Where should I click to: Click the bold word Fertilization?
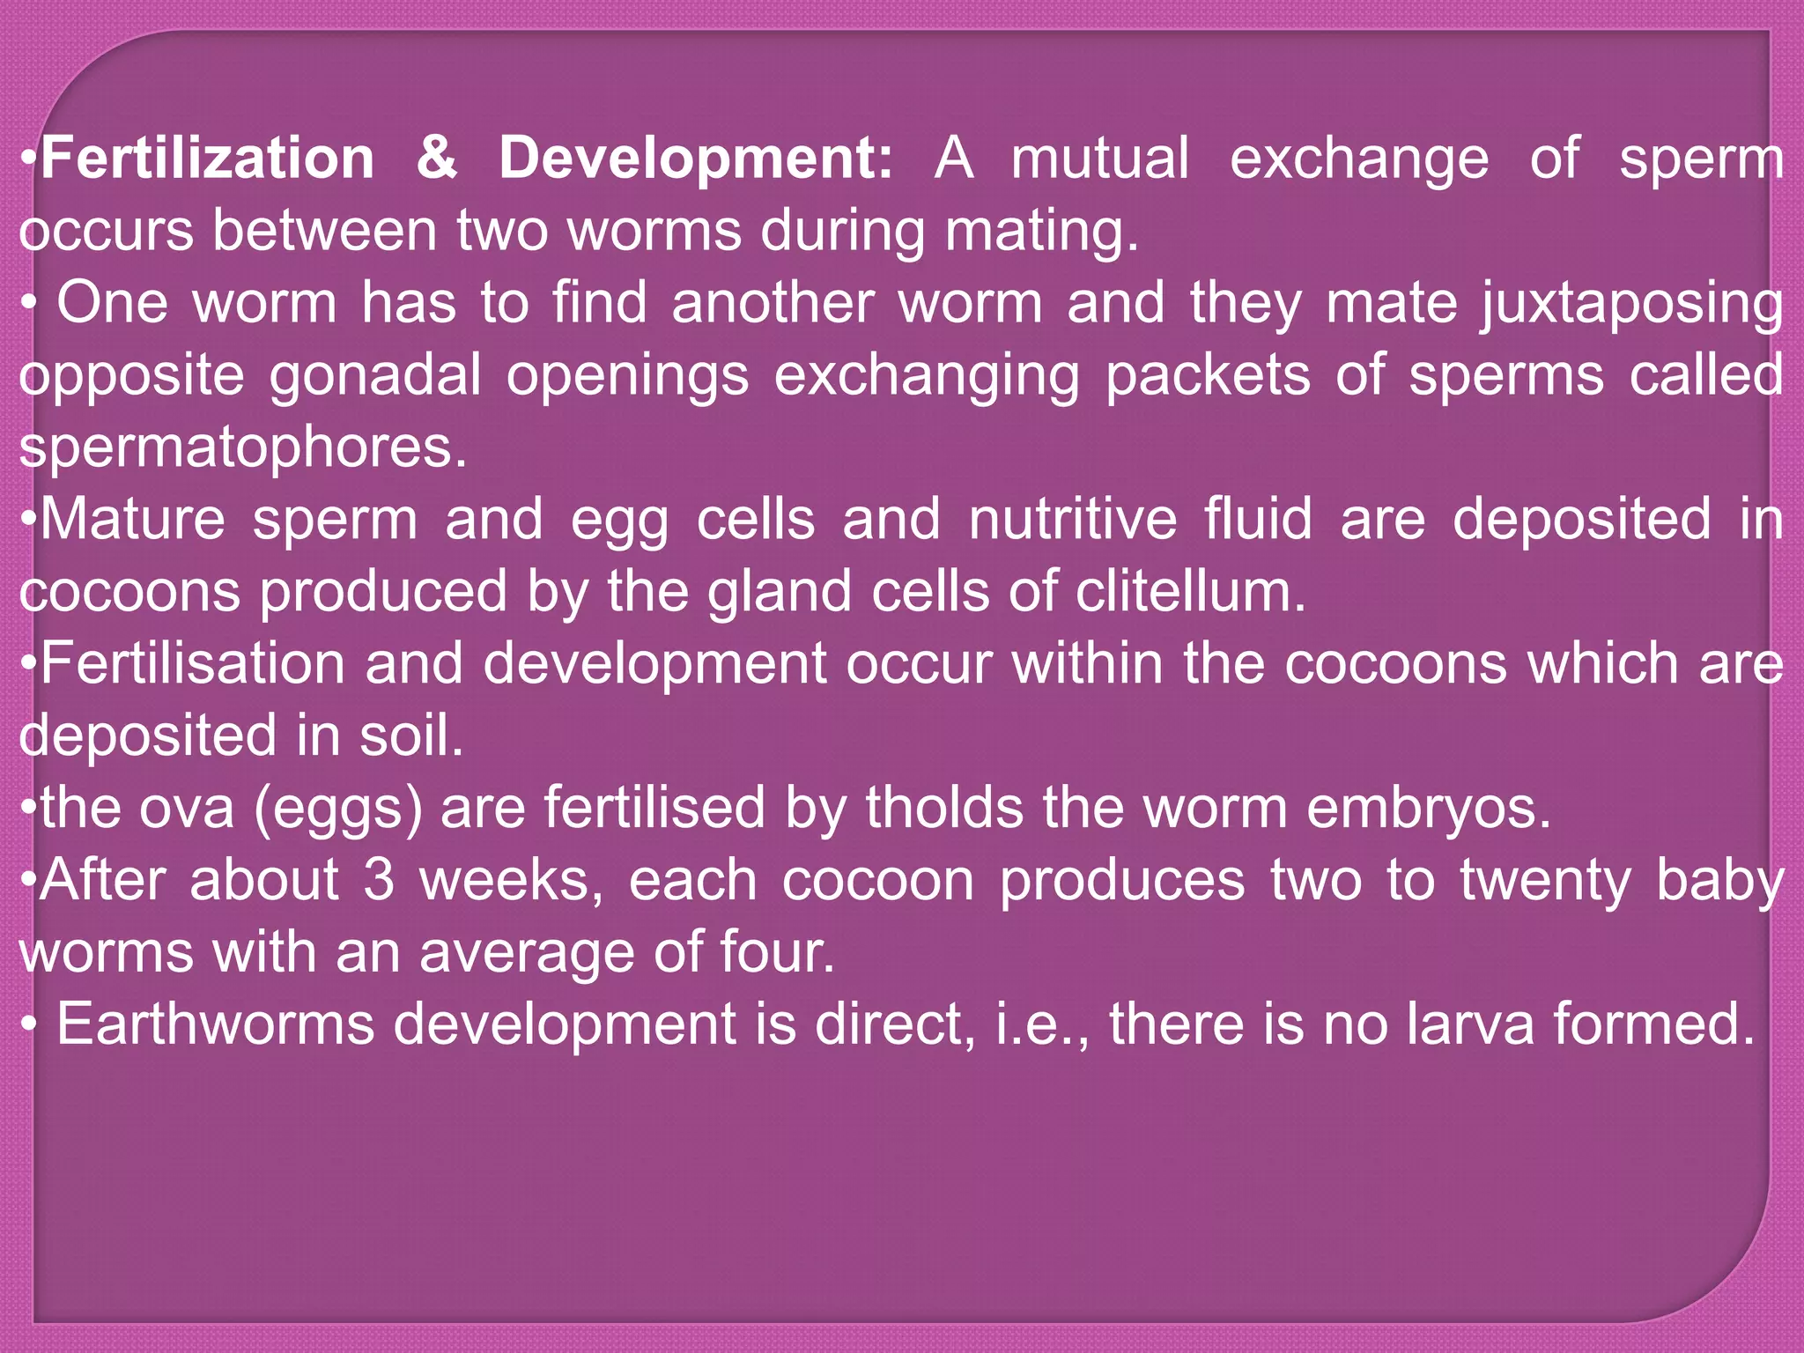[208, 159]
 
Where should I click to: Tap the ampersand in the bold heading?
[437, 159]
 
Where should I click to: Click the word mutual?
[1100, 159]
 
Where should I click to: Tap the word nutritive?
[1073, 520]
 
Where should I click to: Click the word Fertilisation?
[192, 664]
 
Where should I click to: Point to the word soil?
[410, 736]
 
